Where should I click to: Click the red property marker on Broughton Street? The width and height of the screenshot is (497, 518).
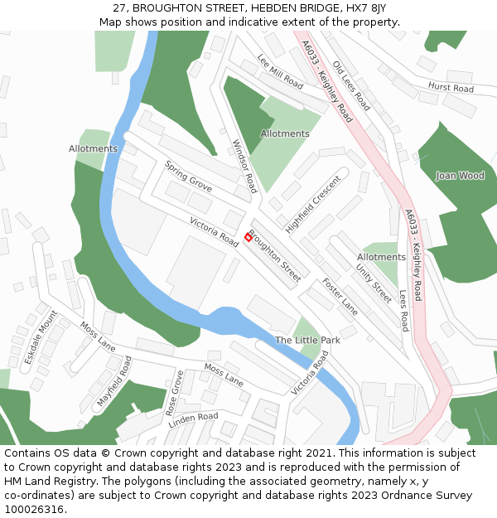(x=248, y=237)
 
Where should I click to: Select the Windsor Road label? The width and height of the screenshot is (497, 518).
(x=245, y=166)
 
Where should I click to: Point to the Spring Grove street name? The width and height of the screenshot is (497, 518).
(x=188, y=177)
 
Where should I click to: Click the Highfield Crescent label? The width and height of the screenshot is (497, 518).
(x=313, y=204)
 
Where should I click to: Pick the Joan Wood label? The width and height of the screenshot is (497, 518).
(x=460, y=176)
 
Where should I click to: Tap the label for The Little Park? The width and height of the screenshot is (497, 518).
(x=307, y=340)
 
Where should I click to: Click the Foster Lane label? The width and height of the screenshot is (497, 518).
(x=340, y=296)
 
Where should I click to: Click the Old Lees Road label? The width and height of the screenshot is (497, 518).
(x=351, y=85)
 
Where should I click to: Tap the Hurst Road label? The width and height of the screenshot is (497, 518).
(x=451, y=88)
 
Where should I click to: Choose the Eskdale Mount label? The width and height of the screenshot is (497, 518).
(x=41, y=337)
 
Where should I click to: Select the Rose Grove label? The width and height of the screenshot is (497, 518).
(x=175, y=393)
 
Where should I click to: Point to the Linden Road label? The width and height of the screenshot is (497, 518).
(x=193, y=420)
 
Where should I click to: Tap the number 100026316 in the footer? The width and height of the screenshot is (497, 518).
(x=33, y=509)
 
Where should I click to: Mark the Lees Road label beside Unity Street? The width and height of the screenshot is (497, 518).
(x=403, y=309)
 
